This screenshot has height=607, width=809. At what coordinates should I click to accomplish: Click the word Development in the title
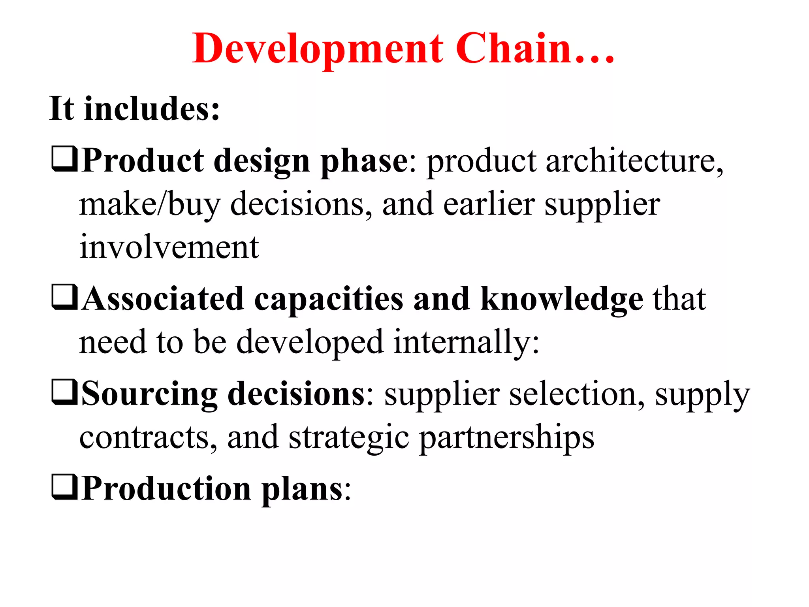pos(318,49)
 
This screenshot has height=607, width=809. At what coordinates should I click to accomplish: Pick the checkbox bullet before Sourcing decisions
pos(64,392)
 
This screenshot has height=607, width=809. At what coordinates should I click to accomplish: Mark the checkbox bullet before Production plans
pos(64,487)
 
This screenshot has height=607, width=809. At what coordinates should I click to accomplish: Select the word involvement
pos(169,247)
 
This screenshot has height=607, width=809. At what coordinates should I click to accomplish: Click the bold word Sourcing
pos(149,394)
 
